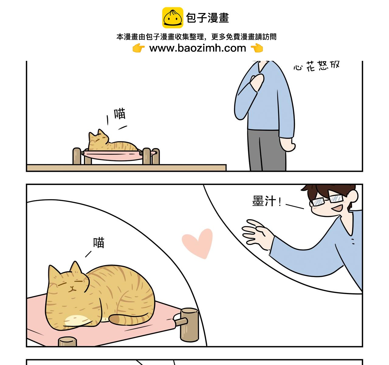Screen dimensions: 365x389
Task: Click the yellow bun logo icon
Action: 173,18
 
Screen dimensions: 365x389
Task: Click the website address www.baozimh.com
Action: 198,48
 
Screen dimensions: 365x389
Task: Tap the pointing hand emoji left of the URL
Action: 139,48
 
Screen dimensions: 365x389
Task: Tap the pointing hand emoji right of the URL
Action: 257,48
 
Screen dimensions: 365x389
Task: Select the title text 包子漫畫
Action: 208,18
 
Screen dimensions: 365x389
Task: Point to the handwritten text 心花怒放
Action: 316,66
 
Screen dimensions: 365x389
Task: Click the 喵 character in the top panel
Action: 120,114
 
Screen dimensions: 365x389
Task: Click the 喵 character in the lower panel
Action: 99,243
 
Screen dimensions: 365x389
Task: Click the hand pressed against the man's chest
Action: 257,82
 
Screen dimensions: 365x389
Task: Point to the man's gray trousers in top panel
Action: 267,151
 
